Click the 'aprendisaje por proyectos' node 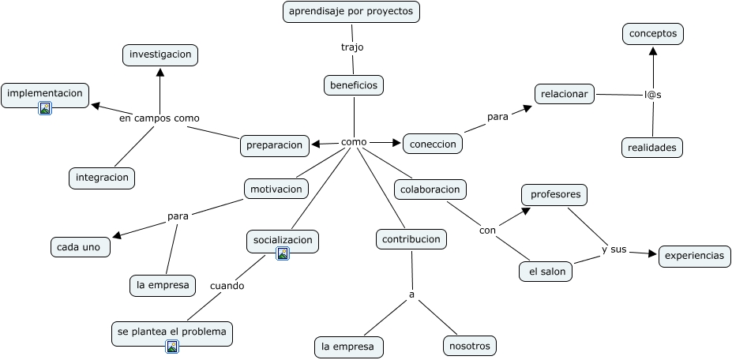351,12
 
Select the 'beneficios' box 353,85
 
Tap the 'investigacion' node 160,54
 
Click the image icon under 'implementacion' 45,108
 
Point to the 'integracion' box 102,178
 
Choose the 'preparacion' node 274,144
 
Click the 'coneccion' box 433,144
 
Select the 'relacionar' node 565,94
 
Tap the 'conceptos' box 652,34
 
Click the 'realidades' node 652,147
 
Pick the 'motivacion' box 276,189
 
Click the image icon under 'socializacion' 282,253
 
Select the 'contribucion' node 411,238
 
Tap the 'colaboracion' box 430,189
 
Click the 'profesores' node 554,194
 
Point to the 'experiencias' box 694,256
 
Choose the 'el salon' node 546,272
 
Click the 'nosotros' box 469,346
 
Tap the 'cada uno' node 80,247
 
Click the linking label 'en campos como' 160,118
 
